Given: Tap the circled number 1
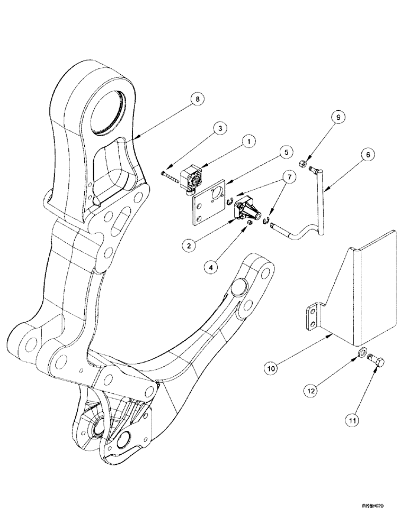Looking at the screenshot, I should coord(248,142).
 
